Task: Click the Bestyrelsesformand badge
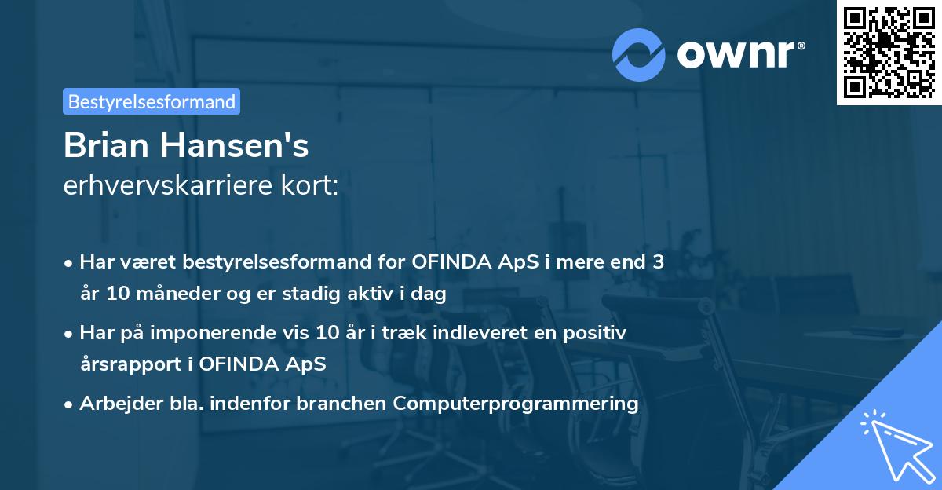152,101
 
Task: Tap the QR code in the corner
889,52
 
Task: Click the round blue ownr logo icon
639,55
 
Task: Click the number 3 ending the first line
658,262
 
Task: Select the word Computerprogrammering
516,404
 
